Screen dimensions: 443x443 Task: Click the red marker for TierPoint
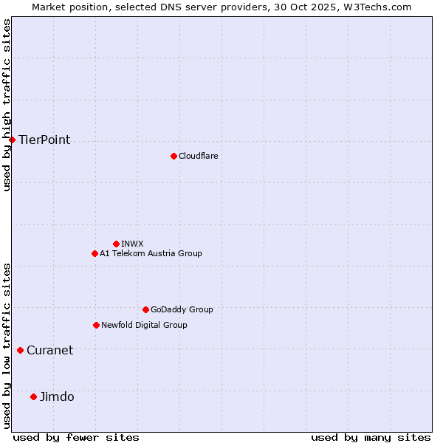pyautogui.click(x=12, y=140)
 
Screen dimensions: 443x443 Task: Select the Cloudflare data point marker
pyautogui.click(x=174, y=156)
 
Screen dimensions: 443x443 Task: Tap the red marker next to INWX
pyautogui.click(x=116, y=244)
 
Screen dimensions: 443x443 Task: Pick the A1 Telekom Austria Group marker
pyautogui.click(x=95, y=253)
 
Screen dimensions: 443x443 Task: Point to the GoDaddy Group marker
pyautogui.click(x=145, y=309)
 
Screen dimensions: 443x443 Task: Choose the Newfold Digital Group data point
pyautogui.click(x=96, y=325)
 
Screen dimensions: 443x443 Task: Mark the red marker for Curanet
pyautogui.click(x=20, y=350)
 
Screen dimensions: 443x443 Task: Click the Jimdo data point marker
pyautogui.click(x=33, y=396)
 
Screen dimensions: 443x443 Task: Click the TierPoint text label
pyautogui.click(x=44, y=140)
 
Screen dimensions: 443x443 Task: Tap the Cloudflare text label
pyautogui.click(x=198, y=156)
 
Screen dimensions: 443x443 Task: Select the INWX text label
pyautogui.click(x=132, y=244)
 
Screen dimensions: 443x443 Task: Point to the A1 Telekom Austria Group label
pyautogui.click(x=151, y=253)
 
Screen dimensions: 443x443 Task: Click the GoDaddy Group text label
pyautogui.click(x=182, y=309)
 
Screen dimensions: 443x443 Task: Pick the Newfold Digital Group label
pyautogui.click(x=144, y=325)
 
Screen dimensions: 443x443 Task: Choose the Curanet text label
pyautogui.click(x=49, y=350)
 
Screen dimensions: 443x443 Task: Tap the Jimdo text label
pyautogui.click(x=57, y=396)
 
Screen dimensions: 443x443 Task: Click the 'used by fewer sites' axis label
pyautogui.click(x=76, y=437)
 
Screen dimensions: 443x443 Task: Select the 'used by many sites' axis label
pyautogui.click(x=371, y=437)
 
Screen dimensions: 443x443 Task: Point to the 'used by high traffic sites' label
pyautogui.click(x=7, y=105)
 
